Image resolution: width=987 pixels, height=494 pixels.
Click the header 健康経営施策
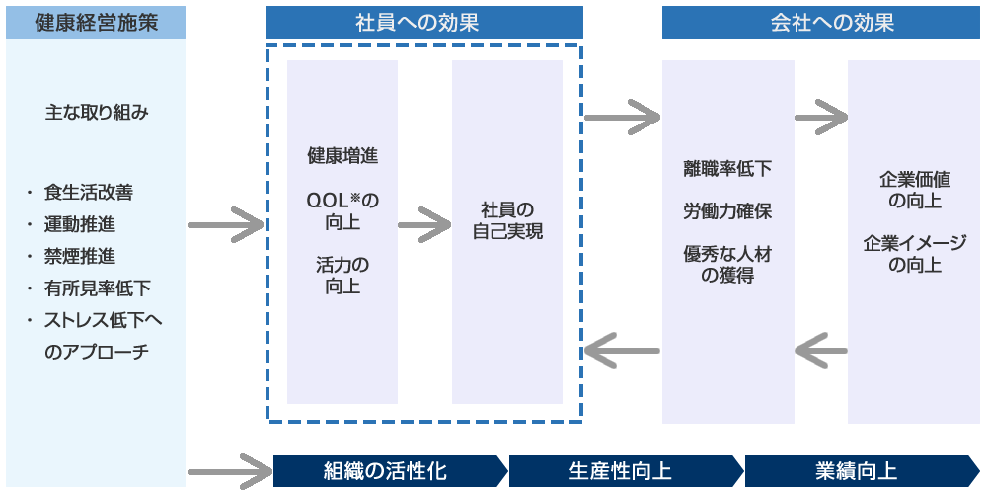click(96, 22)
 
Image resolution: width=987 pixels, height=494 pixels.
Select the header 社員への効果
click(424, 22)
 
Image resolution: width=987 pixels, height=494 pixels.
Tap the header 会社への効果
click(820, 22)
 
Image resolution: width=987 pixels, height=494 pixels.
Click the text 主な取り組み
click(96, 112)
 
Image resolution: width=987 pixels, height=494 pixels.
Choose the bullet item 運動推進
click(79, 224)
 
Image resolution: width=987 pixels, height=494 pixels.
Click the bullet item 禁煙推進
click(79, 257)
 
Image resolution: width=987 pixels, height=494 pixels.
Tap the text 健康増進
click(342, 156)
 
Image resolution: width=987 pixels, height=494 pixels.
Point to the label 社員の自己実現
click(507, 221)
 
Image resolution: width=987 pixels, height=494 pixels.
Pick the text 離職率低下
click(727, 168)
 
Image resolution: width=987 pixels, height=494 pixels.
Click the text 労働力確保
click(727, 211)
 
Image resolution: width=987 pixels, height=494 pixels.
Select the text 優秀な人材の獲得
click(727, 265)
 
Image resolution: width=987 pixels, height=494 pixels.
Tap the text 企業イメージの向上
click(914, 254)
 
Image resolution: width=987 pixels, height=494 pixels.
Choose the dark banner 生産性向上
click(621, 470)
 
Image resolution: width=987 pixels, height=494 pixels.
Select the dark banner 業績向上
click(857, 470)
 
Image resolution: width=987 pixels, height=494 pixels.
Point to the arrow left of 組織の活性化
click(229, 470)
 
